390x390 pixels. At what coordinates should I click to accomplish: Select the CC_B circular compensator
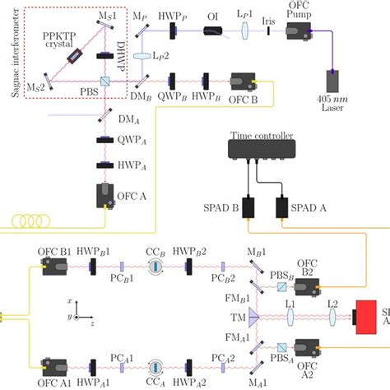point(156,267)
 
